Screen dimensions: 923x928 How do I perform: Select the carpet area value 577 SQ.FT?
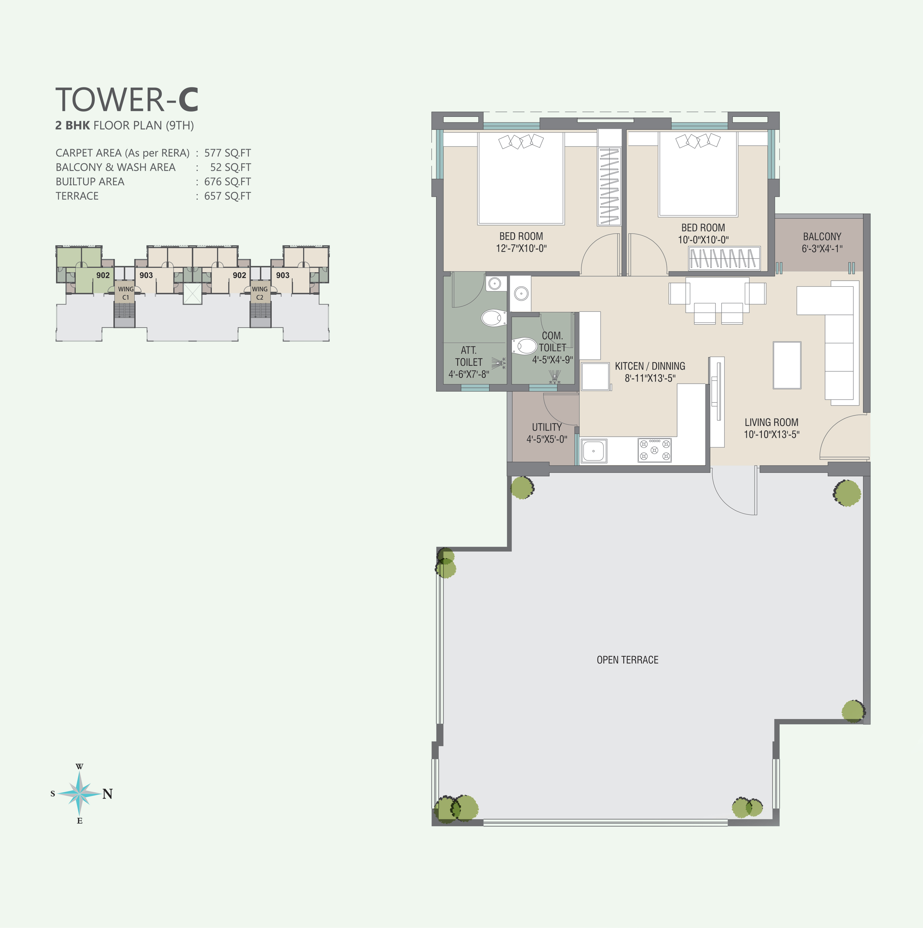coord(227,153)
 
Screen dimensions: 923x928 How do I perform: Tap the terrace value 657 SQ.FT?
coord(227,196)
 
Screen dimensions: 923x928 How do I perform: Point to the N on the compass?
coord(108,794)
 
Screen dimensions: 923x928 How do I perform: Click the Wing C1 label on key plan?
coord(126,293)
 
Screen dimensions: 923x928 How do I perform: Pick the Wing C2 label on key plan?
coord(260,293)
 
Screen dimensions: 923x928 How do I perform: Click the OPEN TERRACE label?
coord(628,660)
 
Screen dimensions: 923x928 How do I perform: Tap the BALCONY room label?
coord(822,236)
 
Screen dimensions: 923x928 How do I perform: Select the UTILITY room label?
coord(547,427)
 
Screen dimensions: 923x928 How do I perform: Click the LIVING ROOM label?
coord(771,422)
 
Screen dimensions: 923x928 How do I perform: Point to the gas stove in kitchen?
coord(654,450)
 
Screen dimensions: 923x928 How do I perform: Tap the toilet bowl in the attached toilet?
coord(494,318)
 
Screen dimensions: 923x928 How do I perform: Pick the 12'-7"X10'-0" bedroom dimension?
coord(521,248)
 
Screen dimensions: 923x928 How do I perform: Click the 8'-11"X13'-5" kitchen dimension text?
coord(650,378)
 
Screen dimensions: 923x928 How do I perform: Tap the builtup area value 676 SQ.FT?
coord(227,182)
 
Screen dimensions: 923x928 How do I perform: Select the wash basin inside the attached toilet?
coord(494,283)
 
